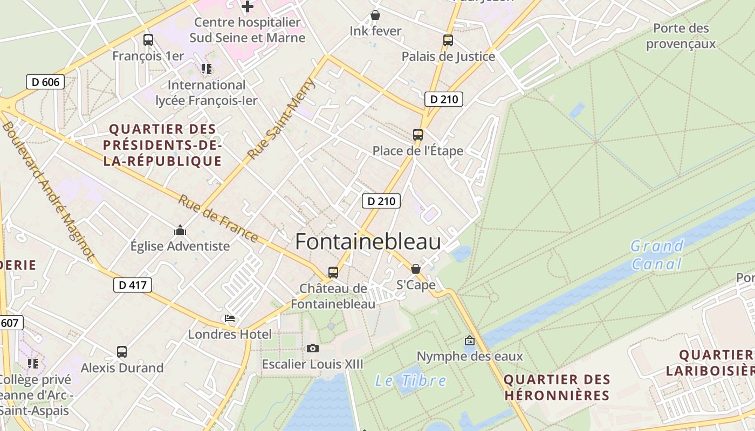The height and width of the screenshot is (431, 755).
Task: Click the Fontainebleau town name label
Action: point(368,242)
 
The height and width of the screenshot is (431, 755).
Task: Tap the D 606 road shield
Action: point(45,82)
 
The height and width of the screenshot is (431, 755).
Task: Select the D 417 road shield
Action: point(132,285)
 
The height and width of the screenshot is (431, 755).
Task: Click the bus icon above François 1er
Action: point(148,40)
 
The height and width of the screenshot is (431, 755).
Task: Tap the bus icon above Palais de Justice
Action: point(448,40)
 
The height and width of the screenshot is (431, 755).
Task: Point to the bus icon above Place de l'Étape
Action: point(417,135)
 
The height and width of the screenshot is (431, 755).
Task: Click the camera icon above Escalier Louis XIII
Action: point(312,349)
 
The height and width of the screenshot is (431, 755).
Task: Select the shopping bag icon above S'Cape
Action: point(415,268)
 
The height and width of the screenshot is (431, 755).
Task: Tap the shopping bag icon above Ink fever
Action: point(375,16)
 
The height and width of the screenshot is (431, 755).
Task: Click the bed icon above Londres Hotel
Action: point(230,318)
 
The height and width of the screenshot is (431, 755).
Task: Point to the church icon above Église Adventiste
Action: point(180,231)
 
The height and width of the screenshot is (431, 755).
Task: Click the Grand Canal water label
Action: point(657,255)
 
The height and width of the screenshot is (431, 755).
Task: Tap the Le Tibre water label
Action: point(410,381)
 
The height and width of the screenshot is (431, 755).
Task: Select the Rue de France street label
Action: point(218,218)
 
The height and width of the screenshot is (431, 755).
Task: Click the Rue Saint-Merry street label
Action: point(281,119)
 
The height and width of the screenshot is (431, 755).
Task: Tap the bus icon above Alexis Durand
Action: point(122,352)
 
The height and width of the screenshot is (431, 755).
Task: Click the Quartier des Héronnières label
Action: point(557,387)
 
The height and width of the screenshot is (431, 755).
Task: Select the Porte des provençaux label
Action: point(681,36)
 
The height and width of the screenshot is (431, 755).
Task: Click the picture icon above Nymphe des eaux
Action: point(469,340)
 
